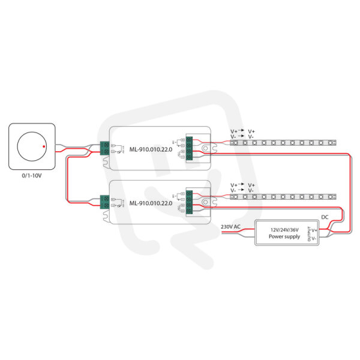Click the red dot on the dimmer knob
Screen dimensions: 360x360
44,145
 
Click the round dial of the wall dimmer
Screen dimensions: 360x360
32,146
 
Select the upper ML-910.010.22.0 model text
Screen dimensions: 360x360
151,150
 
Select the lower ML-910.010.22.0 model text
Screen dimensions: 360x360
151,204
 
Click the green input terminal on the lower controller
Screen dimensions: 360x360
104,200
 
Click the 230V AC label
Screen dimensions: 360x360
230,227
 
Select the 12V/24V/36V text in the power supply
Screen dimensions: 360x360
284,229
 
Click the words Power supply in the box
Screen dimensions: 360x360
284,236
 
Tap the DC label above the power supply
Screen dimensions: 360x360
325,217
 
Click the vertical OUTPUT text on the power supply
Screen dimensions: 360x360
308,233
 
